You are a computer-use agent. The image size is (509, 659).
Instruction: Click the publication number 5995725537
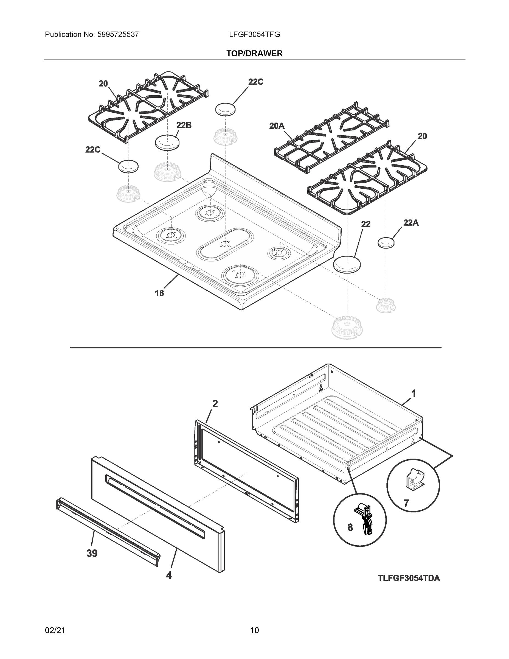[x=118, y=35]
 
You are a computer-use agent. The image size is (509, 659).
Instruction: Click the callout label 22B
[x=184, y=125]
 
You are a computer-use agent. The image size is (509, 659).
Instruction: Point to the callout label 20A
[x=277, y=126]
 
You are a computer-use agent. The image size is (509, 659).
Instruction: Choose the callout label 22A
[x=411, y=223]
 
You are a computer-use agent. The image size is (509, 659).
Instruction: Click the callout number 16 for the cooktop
[x=159, y=293]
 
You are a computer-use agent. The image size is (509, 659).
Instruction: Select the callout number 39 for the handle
[x=92, y=553]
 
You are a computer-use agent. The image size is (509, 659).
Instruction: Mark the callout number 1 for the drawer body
[x=414, y=393]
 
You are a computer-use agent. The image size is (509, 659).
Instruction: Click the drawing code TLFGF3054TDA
[x=409, y=578]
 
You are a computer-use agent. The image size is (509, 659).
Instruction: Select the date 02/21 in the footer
[x=55, y=630]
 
